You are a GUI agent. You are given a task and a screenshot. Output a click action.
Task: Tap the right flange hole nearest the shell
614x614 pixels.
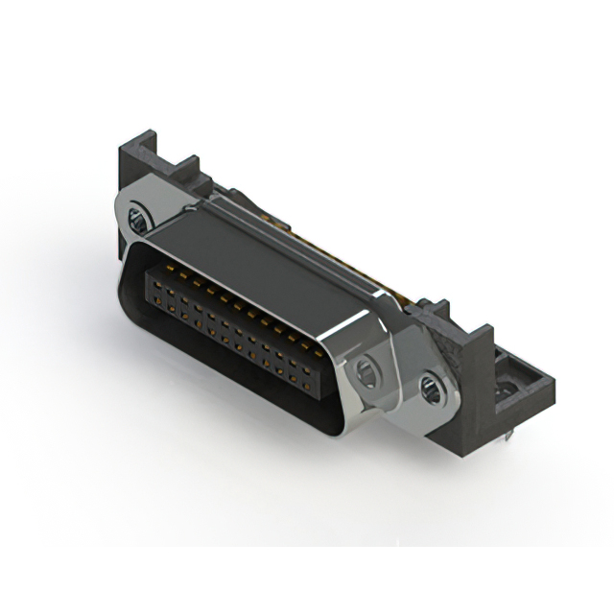(366, 370)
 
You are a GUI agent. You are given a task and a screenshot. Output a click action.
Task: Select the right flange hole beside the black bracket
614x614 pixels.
(430, 389)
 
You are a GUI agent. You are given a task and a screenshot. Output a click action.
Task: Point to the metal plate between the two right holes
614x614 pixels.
(399, 378)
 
